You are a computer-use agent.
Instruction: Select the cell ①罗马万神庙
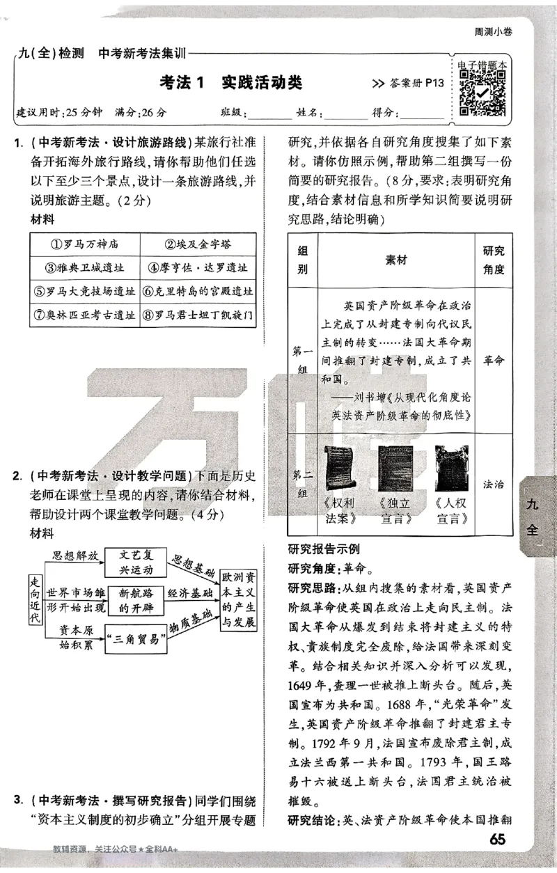85,244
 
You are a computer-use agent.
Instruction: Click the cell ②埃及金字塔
198,244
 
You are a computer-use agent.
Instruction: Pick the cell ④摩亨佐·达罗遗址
198,267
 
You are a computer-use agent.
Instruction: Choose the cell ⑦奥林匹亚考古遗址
85,315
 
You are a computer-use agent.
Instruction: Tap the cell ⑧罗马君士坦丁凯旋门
198,315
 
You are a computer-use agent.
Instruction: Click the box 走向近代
34,599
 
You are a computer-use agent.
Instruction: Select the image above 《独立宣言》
395,469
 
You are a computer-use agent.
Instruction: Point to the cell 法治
493,484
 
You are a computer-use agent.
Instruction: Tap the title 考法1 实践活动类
231,83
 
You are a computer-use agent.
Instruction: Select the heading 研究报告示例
324,549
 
